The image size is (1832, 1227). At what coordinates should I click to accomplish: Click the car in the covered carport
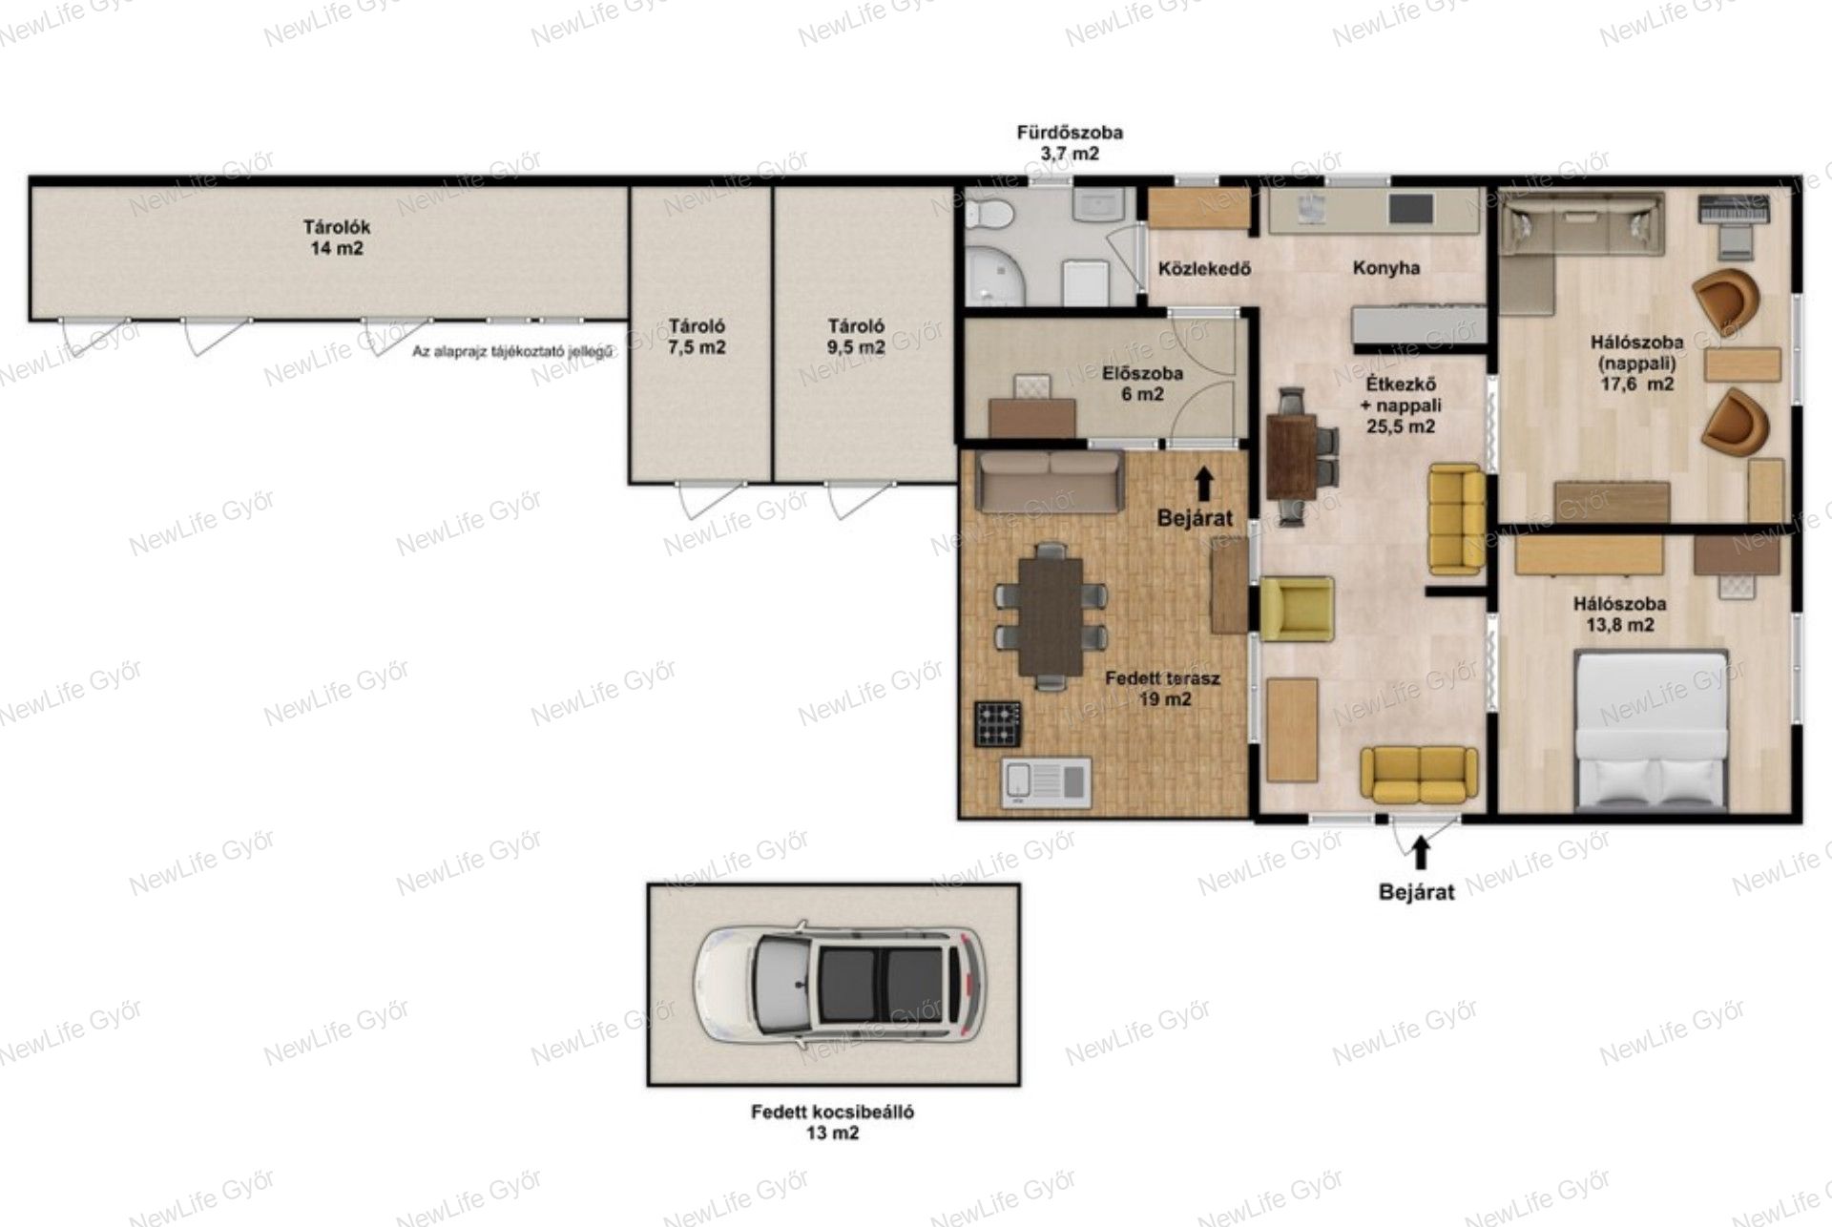coord(841,983)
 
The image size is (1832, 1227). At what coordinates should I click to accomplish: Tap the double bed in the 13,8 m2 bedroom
coord(1651,731)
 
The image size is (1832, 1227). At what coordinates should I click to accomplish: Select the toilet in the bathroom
coord(988,215)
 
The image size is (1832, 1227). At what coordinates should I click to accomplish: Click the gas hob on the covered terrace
coord(997,724)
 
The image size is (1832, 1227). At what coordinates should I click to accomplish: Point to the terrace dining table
coord(1051,615)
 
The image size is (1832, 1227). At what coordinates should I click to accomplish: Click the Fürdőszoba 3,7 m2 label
coord(1069,142)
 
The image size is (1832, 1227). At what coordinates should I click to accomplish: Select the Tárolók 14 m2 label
coord(336,238)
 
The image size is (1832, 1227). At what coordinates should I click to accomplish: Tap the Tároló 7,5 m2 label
coord(697,337)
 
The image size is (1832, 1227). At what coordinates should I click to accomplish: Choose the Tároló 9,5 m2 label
coord(856,337)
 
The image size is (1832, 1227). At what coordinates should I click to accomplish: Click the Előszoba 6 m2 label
coord(1142,383)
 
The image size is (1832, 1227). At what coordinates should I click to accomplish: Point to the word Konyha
coord(1385,268)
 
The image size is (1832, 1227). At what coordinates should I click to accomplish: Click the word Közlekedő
coord(1204,269)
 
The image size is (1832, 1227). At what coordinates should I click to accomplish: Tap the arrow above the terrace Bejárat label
coord(1203,484)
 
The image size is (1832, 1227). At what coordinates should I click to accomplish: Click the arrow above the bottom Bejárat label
coord(1420,852)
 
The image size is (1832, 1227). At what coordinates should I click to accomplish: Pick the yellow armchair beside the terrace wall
coord(1296,608)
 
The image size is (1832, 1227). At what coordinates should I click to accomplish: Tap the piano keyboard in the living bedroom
coord(1735,211)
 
